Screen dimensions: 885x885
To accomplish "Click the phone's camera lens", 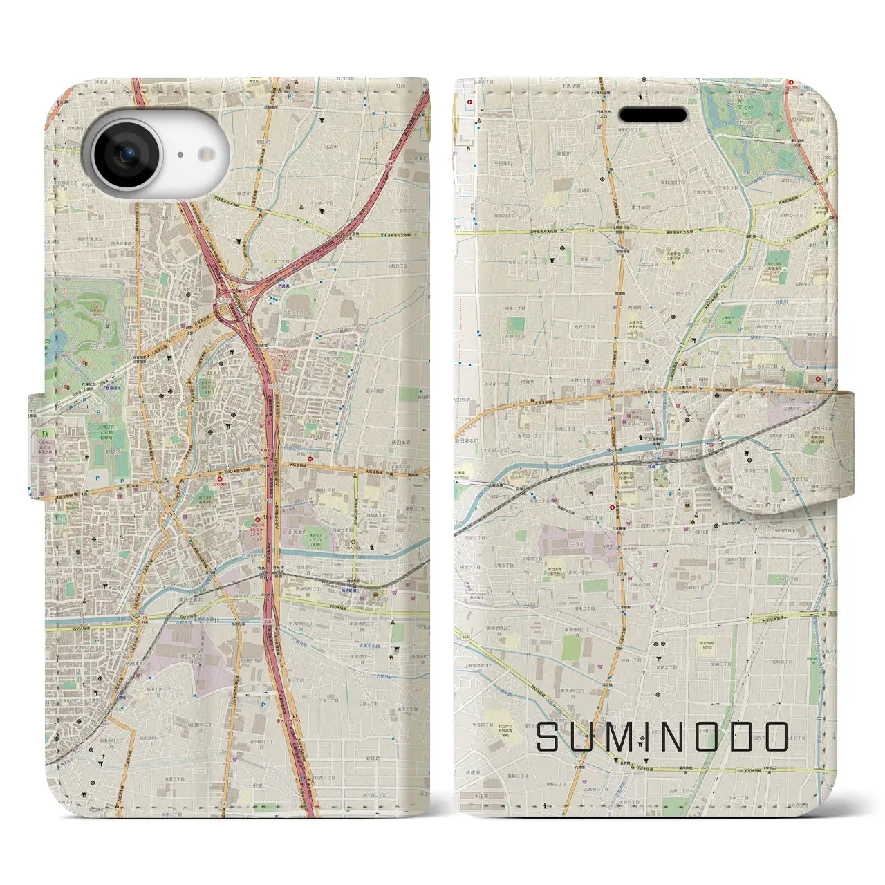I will [127, 154].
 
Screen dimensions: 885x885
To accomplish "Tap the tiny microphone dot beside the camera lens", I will [180, 155].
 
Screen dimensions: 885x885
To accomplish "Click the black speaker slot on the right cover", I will [652, 114].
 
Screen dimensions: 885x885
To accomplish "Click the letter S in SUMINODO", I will [550, 737].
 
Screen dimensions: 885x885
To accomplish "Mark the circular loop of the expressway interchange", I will [232, 311].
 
